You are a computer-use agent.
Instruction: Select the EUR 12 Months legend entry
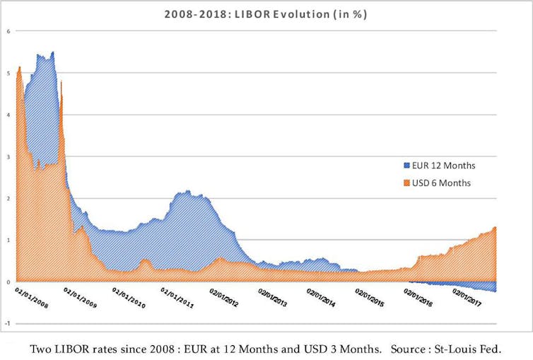(443, 166)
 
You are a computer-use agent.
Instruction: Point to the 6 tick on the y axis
(8, 31)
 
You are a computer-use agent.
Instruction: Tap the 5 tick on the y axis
(8, 73)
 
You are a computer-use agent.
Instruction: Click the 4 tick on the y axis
(8, 115)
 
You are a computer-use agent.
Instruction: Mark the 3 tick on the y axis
(8, 156)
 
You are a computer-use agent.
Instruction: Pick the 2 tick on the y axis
(8, 198)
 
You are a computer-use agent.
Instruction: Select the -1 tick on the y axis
(7, 323)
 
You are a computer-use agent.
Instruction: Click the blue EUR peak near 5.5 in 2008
(53, 52)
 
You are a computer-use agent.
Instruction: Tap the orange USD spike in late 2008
(61, 81)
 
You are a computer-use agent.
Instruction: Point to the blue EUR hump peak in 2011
(187, 191)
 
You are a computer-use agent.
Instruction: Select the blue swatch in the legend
(406, 166)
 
